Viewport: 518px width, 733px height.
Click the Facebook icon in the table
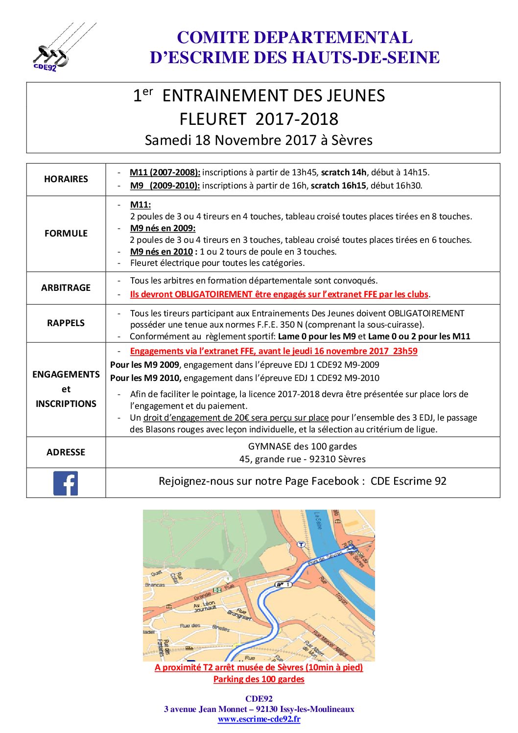pyautogui.click(x=66, y=483)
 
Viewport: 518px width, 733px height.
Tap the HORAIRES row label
pyautogui.click(x=66, y=179)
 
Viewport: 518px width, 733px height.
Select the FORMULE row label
pyautogui.click(x=66, y=234)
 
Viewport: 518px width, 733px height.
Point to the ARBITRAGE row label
pyautogui.click(x=66, y=288)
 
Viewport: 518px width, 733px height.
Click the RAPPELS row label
pyautogui.click(x=66, y=323)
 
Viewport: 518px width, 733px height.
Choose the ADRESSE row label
pyautogui.click(x=66, y=452)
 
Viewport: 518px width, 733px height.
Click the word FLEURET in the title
pyautogui.click(x=212, y=119)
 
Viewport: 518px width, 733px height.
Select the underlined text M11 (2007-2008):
pyautogui.click(x=165, y=172)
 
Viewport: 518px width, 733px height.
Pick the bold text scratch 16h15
pyautogui.click(x=338, y=186)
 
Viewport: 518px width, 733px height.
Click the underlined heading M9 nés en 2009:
pyautogui.click(x=163, y=228)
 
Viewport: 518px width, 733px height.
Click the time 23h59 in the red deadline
pyautogui.click(x=405, y=351)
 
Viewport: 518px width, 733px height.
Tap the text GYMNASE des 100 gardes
pyautogui.click(x=302, y=447)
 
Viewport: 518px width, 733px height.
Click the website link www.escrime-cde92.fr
pyautogui.click(x=259, y=719)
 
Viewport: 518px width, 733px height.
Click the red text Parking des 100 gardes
pyautogui.click(x=259, y=679)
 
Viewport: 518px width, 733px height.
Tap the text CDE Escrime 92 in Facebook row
pyautogui.click(x=408, y=481)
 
